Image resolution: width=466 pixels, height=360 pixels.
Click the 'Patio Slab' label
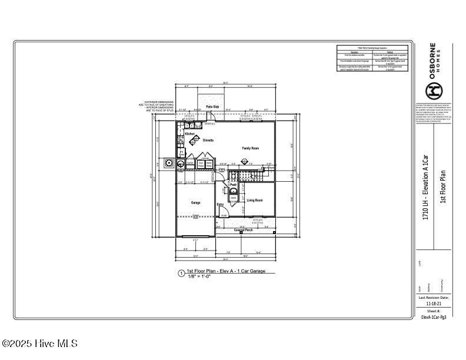click(x=212, y=106)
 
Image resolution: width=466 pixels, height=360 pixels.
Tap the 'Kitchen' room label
click(x=190, y=134)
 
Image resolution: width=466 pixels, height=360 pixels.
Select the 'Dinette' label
click(x=208, y=141)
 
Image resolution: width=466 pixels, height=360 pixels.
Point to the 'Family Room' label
click(x=251, y=148)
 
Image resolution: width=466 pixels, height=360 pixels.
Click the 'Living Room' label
click(x=254, y=201)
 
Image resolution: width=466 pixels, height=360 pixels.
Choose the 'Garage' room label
click(x=195, y=203)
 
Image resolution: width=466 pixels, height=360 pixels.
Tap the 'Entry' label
click(x=220, y=205)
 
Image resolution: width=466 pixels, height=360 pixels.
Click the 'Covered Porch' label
click(x=243, y=230)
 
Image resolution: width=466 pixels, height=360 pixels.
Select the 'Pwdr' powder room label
click(x=233, y=185)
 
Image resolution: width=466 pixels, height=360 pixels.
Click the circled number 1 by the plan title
click(x=181, y=273)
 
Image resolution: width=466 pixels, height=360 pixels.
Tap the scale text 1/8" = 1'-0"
click(x=199, y=276)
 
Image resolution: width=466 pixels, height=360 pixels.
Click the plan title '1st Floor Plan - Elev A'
click(x=226, y=271)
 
